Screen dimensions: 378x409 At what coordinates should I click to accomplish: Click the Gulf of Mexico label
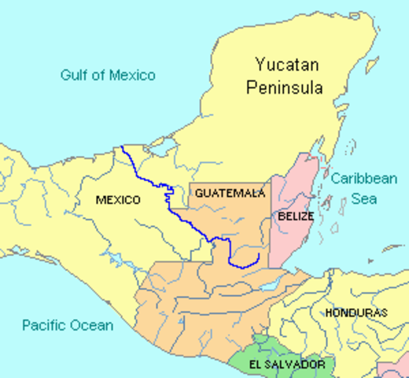tap(108, 76)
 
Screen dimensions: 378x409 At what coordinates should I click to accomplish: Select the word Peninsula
tap(284, 87)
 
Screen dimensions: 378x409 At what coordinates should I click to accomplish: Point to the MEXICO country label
tap(118, 200)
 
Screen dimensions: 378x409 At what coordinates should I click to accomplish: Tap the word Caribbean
tap(363, 179)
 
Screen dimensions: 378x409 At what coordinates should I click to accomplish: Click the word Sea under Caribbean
tap(363, 198)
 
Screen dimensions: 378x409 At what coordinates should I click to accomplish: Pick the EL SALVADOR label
tap(286, 365)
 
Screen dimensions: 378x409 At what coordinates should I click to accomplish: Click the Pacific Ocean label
tap(68, 325)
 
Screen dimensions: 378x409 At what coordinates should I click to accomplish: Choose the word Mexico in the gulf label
tap(131, 76)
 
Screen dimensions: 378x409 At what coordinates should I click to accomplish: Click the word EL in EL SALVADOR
tap(256, 365)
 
